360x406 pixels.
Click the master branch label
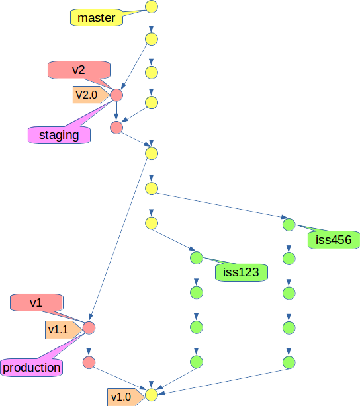click(x=97, y=18)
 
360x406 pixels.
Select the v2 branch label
click(x=79, y=70)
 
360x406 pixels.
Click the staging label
click(x=59, y=135)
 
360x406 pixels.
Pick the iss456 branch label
click(x=334, y=240)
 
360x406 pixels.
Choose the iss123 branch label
click(x=242, y=272)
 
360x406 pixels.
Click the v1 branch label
click(x=36, y=302)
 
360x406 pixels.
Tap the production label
click(x=31, y=368)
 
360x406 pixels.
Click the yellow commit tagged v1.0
click(x=152, y=395)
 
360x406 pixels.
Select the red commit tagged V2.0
click(x=116, y=95)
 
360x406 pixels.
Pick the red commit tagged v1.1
click(x=89, y=328)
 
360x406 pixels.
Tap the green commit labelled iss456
click(x=289, y=225)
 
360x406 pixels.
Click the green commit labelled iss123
click(x=197, y=258)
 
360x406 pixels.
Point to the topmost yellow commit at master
click(x=152, y=7)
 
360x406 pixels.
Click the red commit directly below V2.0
click(x=116, y=128)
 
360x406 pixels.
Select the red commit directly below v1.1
click(x=89, y=362)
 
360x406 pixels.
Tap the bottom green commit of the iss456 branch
click(x=289, y=362)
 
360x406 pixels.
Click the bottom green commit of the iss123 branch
click(x=197, y=362)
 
